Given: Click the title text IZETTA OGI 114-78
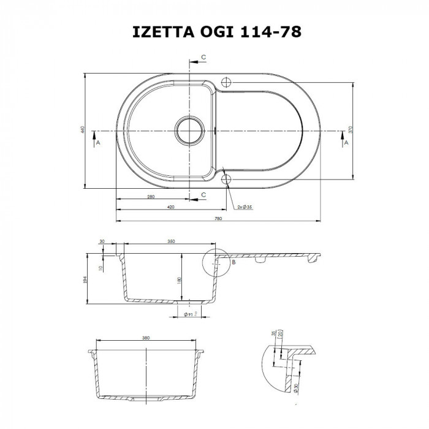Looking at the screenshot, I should pos(214,31).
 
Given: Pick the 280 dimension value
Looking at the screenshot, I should pos(150,197).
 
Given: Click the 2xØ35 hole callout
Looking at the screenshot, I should pos(245,207).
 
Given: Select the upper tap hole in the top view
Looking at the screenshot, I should pos(225,82).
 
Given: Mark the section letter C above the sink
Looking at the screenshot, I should pos(203,56).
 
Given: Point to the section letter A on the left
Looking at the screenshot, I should pos(96,142).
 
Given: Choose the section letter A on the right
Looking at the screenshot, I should pos(346,142).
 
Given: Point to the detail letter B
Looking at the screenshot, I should pos(233,262).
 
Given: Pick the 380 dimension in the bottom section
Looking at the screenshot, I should pos(146,337).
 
